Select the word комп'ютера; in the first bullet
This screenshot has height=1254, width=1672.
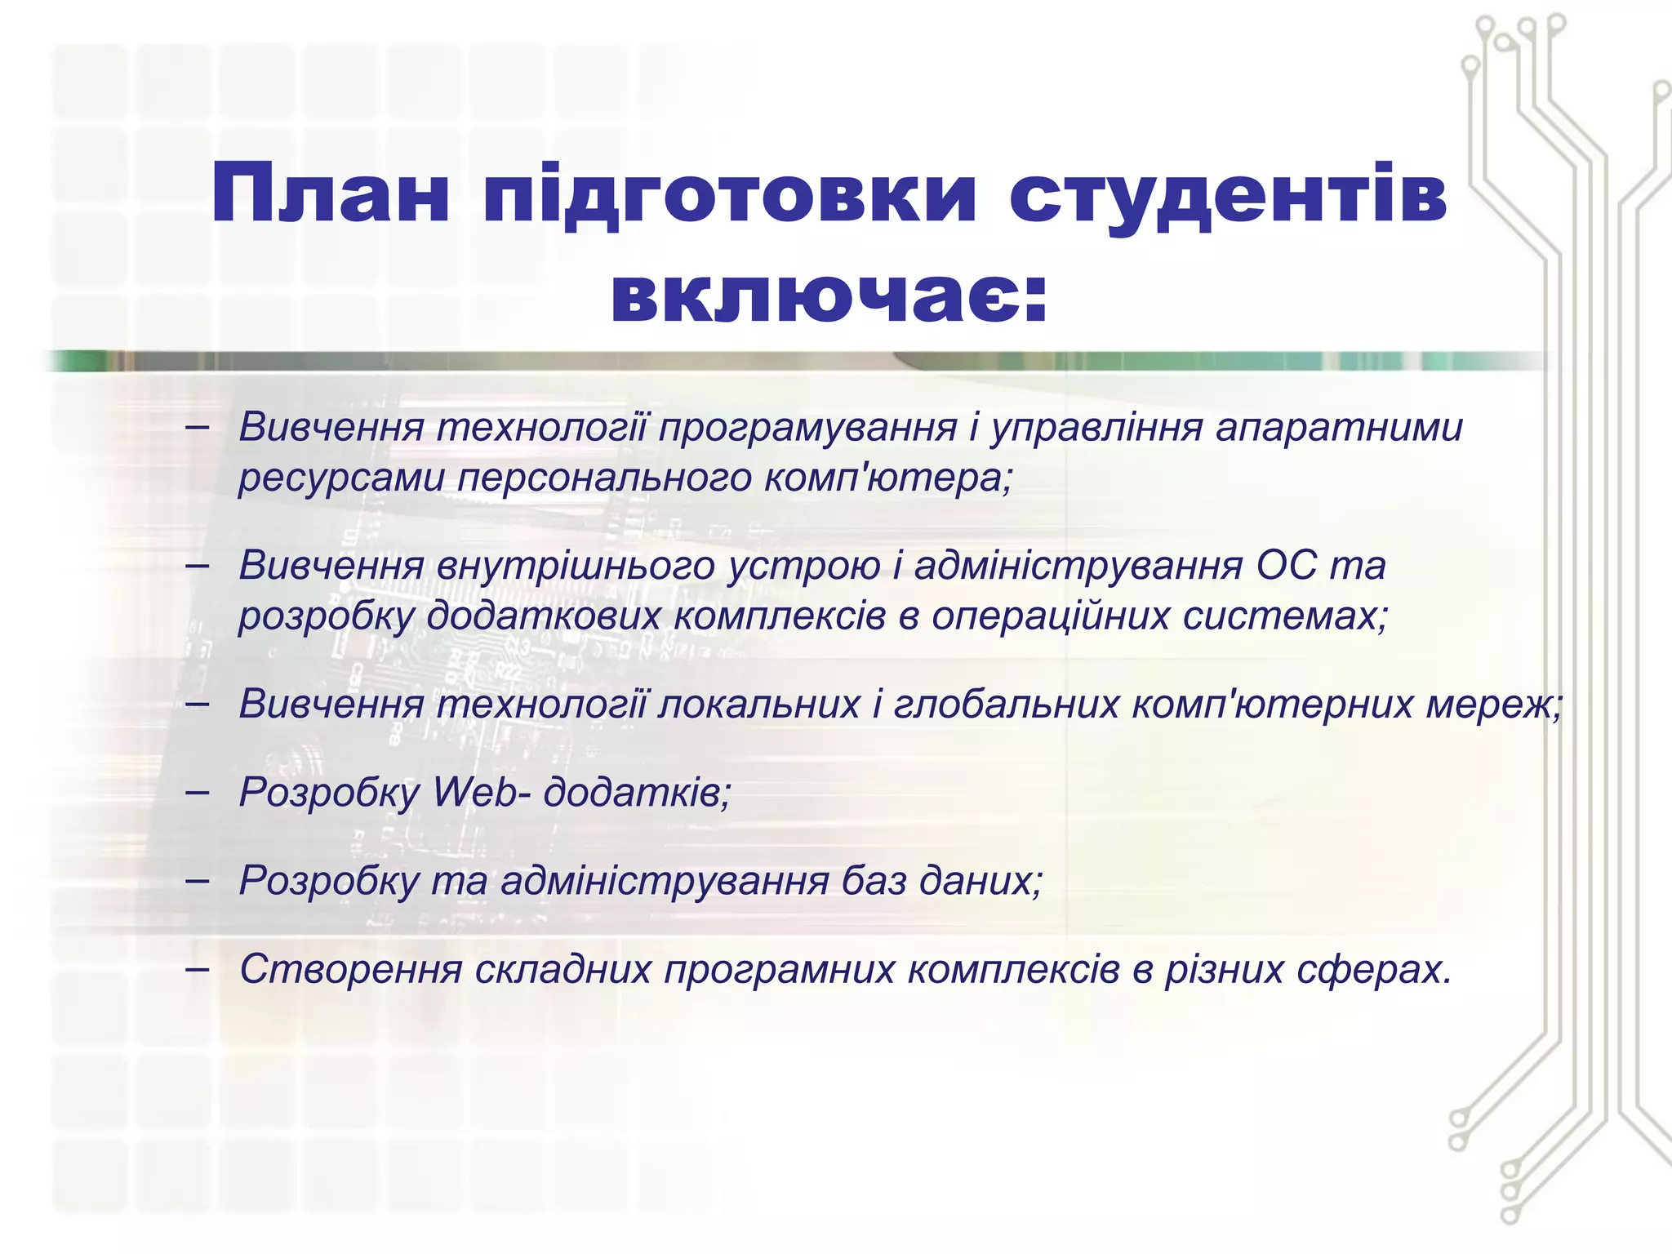pyautogui.click(x=888, y=478)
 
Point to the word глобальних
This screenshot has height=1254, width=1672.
pyautogui.click(x=1006, y=704)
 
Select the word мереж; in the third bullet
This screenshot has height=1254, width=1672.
pyautogui.click(x=1494, y=704)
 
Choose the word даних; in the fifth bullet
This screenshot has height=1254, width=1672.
pyautogui.click(x=981, y=880)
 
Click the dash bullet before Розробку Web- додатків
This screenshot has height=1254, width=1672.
pyautogui.click(x=197, y=792)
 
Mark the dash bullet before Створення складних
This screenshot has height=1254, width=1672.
pyautogui.click(x=197, y=969)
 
